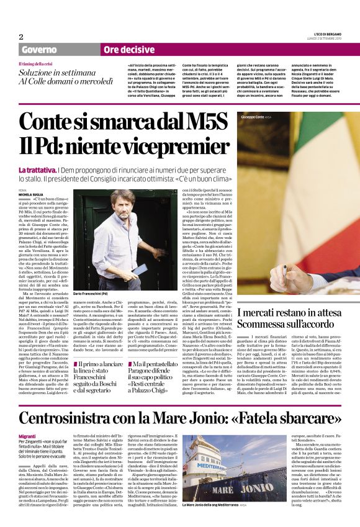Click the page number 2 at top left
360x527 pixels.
coord(21,36)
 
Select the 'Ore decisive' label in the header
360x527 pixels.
coord(128,49)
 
